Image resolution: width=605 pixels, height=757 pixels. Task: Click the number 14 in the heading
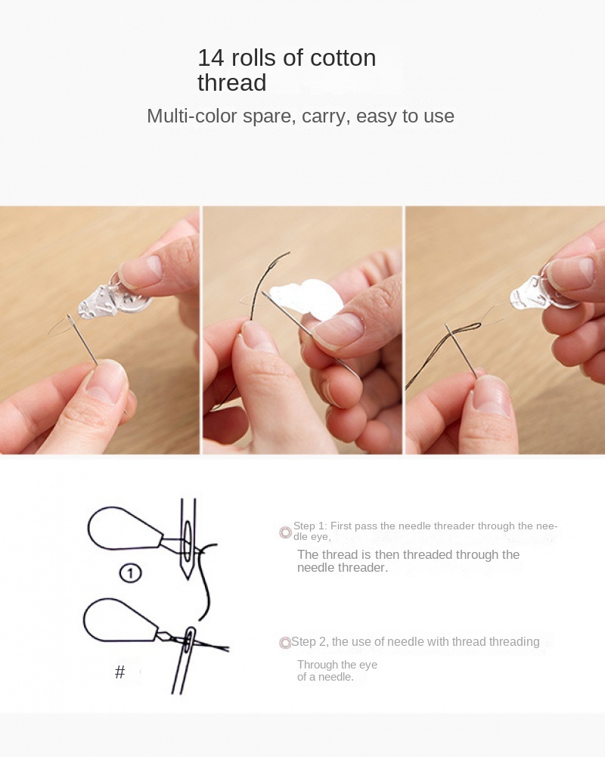(211, 58)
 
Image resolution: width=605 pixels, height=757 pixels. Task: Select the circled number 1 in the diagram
(130, 573)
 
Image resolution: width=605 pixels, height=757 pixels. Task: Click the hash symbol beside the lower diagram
(119, 672)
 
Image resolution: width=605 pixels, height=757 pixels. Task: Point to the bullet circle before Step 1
(285, 532)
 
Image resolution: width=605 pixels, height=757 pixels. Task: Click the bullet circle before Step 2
(285, 643)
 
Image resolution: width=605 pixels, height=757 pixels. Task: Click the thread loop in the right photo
(464, 330)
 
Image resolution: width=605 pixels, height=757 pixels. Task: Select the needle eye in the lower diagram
(190, 640)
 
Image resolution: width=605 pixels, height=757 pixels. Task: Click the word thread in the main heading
(231, 82)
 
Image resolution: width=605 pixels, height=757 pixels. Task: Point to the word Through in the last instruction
(318, 665)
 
